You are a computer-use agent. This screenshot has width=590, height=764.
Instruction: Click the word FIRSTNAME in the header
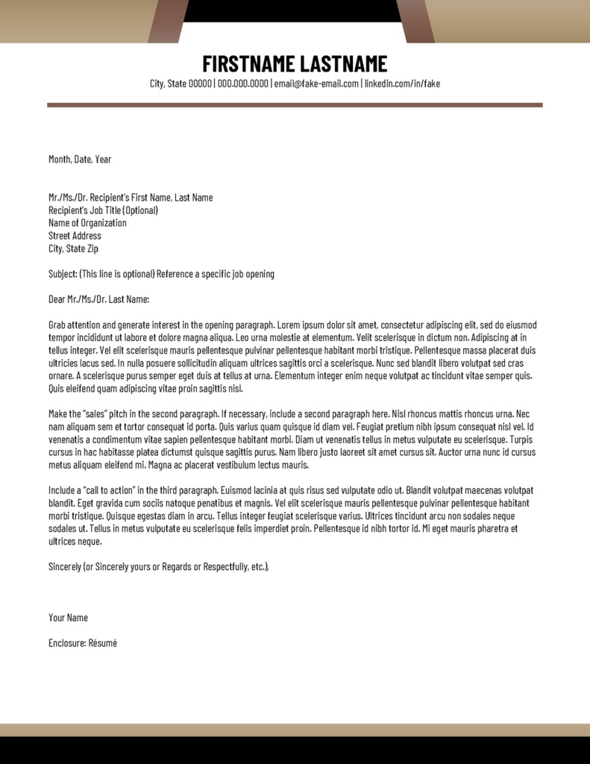[x=248, y=63]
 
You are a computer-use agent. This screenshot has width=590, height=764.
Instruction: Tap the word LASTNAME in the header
[x=344, y=63]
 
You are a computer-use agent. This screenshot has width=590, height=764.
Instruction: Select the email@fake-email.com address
[x=316, y=84]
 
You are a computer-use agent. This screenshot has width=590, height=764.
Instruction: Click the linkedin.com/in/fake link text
[x=402, y=84]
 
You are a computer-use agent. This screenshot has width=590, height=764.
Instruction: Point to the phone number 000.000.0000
[x=242, y=84]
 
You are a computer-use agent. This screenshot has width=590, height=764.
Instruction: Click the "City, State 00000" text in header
[x=181, y=84]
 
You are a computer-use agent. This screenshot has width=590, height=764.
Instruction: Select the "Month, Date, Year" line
[x=80, y=159]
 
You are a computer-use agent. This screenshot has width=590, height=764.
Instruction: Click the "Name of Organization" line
[x=87, y=223]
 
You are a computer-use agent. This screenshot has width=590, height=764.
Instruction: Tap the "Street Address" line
[x=75, y=236]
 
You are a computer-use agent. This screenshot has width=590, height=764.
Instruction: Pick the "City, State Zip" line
[x=73, y=248]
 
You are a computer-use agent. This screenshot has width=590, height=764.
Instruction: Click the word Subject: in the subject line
[x=63, y=274]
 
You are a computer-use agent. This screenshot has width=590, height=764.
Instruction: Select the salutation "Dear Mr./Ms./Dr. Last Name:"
[x=99, y=299]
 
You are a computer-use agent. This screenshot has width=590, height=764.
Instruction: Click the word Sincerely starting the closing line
[x=65, y=566]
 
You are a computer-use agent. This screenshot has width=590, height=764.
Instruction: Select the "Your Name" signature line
[x=68, y=617]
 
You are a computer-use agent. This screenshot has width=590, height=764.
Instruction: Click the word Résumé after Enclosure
[x=103, y=642]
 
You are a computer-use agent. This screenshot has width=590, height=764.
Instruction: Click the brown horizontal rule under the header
[x=295, y=105]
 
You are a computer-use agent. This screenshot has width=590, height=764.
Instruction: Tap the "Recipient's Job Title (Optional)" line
[x=103, y=210]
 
